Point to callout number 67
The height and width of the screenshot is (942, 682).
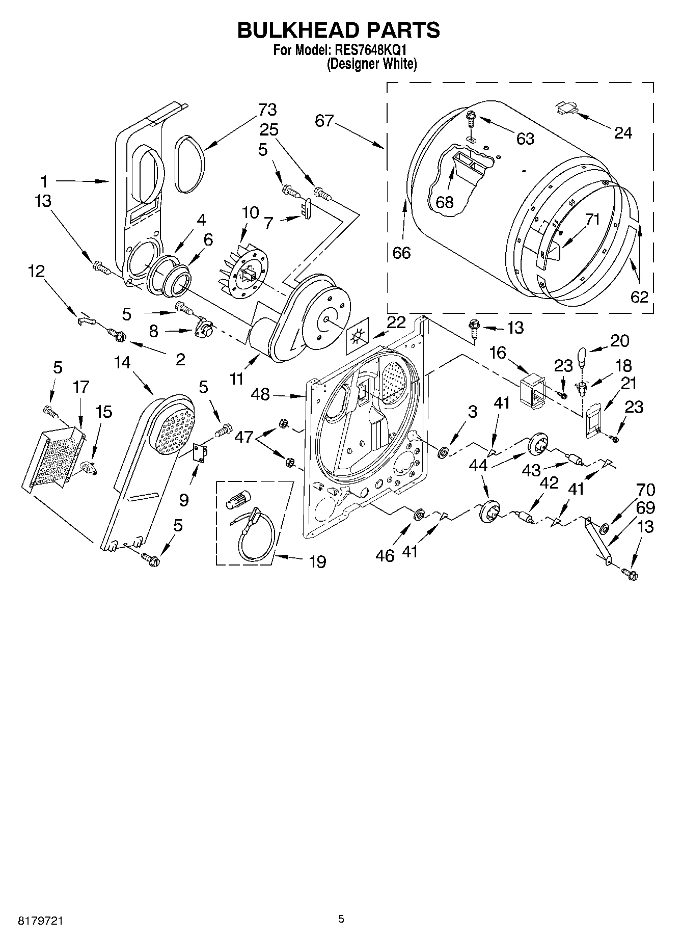click(324, 121)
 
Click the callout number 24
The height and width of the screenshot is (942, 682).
click(623, 133)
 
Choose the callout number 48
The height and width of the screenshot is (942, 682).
click(260, 394)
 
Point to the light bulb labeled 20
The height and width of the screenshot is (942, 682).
click(582, 358)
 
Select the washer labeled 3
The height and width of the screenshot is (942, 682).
click(443, 451)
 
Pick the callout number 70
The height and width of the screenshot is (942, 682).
click(645, 490)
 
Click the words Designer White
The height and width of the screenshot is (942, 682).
click(372, 64)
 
